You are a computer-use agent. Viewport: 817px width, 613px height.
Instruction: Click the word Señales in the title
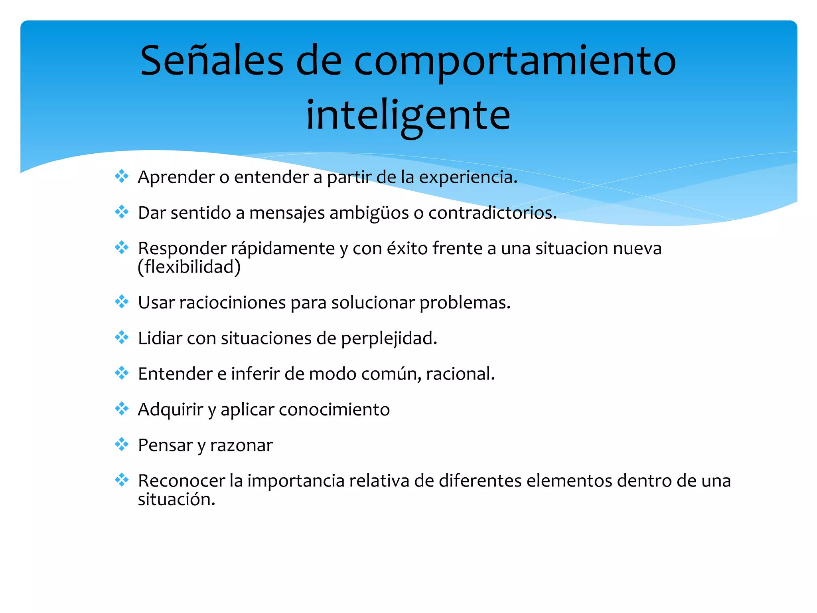(211, 61)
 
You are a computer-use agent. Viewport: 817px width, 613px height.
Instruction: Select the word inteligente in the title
(408, 116)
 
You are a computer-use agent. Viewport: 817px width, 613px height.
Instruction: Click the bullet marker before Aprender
(122, 176)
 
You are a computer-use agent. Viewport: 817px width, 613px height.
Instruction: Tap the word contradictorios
(492, 213)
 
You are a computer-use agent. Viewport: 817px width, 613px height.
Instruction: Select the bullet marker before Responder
(122, 247)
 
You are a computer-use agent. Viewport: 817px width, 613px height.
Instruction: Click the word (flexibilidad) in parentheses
(189, 267)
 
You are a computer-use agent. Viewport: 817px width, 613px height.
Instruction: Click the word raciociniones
(232, 303)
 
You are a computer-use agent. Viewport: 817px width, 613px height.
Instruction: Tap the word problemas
(465, 303)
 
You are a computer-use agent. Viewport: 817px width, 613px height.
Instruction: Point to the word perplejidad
(389, 338)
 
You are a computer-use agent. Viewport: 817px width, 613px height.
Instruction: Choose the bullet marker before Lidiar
(122, 338)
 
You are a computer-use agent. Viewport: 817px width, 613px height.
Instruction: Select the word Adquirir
(170, 409)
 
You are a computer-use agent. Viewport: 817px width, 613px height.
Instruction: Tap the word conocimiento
(334, 409)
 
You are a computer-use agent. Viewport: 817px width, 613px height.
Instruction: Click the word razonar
(241, 445)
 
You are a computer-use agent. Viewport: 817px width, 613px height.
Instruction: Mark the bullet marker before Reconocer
(122, 480)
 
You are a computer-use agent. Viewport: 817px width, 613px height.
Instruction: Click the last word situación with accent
(176, 499)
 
